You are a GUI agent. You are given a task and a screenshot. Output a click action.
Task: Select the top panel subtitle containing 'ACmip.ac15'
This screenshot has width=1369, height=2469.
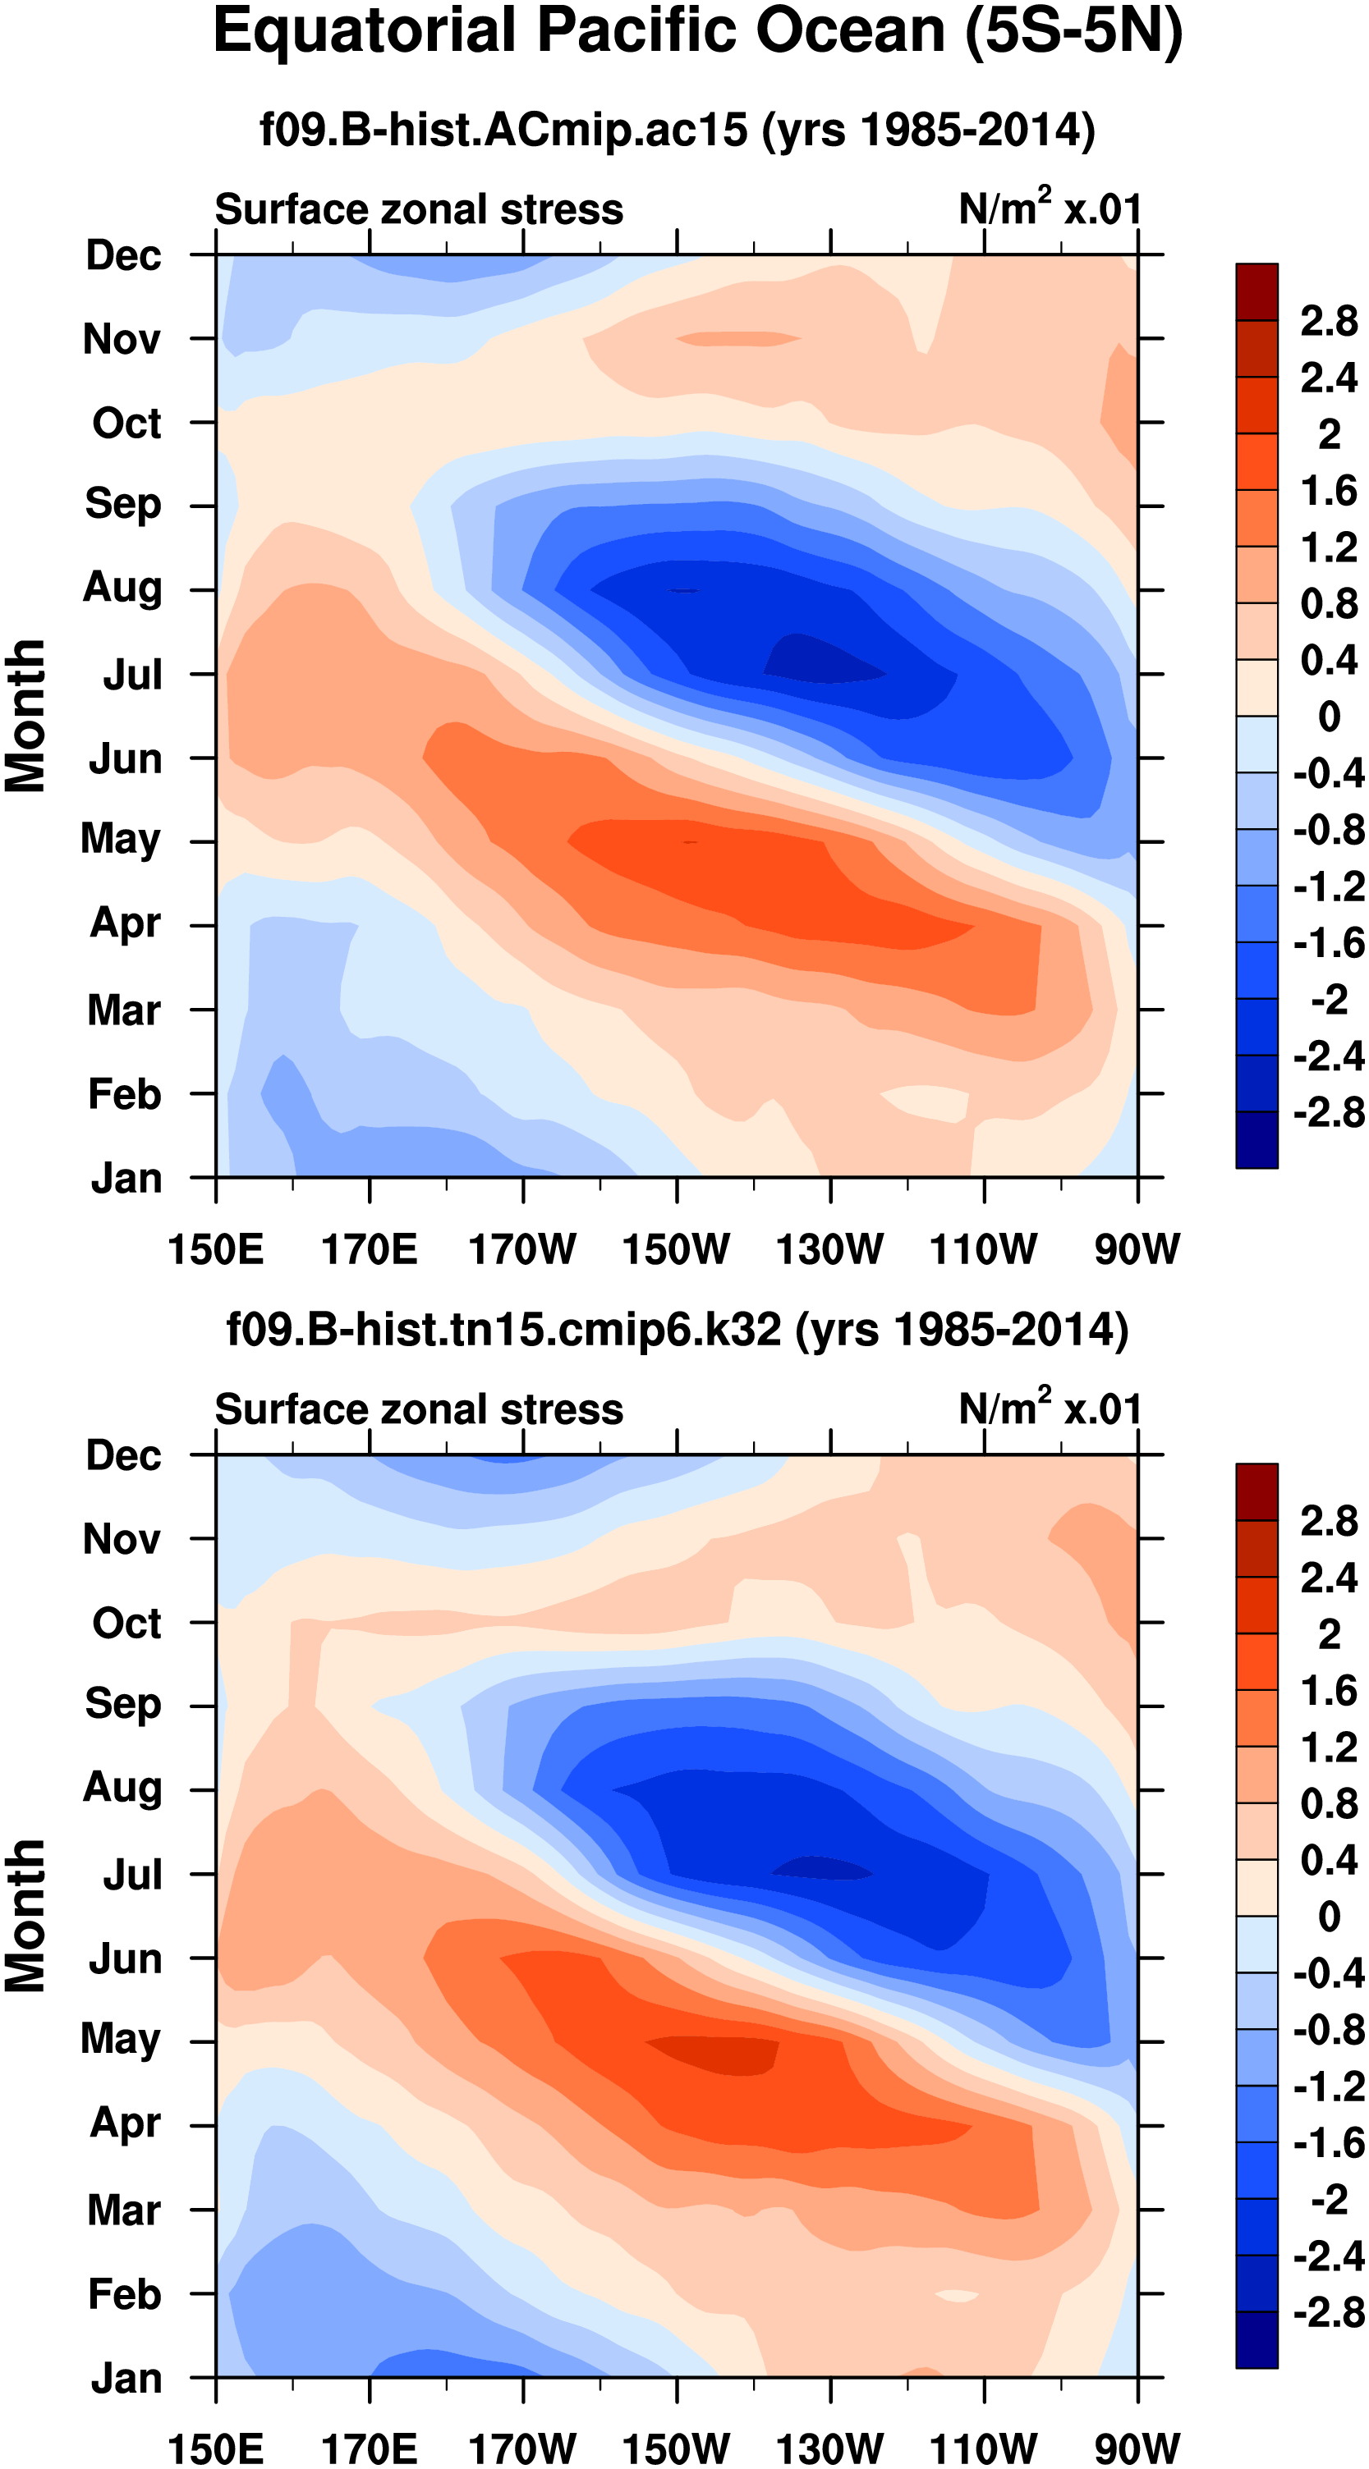[677, 130]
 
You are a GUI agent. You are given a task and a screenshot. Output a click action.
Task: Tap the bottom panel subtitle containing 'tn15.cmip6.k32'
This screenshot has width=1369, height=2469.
[677, 1331]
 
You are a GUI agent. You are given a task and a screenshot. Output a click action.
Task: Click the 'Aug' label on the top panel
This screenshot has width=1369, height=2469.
[122, 587]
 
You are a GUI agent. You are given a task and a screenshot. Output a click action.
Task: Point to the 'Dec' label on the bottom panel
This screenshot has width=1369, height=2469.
[124, 1455]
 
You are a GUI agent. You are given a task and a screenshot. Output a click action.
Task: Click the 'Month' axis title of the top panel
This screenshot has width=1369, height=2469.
[26, 716]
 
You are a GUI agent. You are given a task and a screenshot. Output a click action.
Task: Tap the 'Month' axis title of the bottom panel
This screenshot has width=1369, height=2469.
[26, 1916]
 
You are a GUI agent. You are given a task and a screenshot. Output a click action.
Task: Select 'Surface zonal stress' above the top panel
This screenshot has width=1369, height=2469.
[419, 209]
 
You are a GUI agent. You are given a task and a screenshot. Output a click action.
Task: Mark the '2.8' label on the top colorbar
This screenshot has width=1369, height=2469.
[1329, 321]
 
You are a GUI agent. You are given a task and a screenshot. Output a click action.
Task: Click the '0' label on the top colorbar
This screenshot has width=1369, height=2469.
[1329, 716]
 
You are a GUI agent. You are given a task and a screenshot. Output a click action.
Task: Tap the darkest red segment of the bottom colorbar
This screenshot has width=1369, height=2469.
[1256, 1491]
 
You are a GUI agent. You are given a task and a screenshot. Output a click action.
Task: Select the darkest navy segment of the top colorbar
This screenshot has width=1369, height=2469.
[1256, 1138]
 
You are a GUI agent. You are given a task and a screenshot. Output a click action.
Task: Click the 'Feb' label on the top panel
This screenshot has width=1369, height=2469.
[124, 1093]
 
